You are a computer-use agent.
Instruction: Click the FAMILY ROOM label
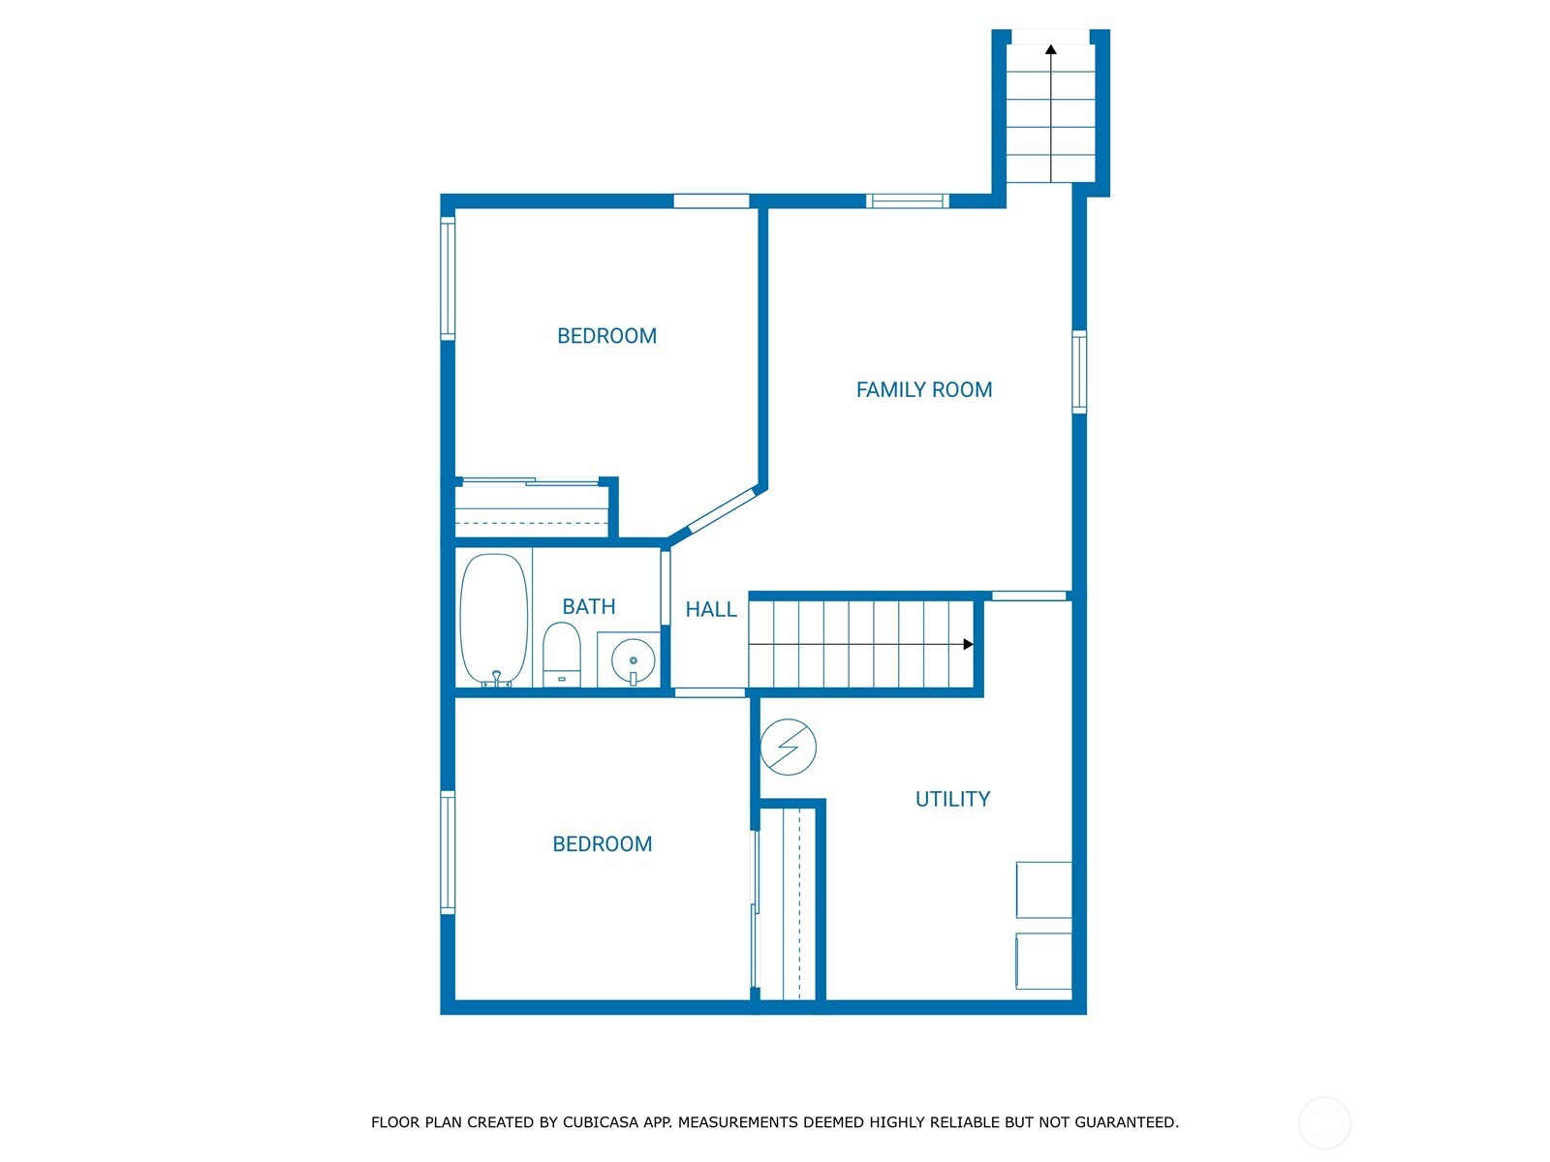pyautogui.click(x=923, y=389)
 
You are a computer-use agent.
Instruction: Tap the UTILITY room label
pyautogui.click(x=952, y=799)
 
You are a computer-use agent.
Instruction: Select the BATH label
pyautogui.click(x=589, y=606)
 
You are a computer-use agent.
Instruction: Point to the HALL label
pyautogui.click(x=711, y=609)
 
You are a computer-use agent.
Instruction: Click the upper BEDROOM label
pyautogui.click(x=606, y=336)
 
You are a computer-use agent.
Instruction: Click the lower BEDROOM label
pyautogui.click(x=602, y=843)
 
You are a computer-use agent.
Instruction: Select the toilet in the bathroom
pyautogui.click(x=561, y=655)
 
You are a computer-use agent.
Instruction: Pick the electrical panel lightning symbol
pyautogui.click(x=789, y=747)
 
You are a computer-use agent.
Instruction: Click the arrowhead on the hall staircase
pyautogui.click(x=968, y=644)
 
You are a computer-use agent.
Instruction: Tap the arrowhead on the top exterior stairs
pyautogui.click(x=1051, y=49)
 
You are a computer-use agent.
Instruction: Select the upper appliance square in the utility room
pyautogui.click(x=1043, y=889)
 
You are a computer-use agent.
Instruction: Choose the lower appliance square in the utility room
pyautogui.click(x=1043, y=961)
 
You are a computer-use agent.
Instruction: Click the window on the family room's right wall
pyautogui.click(x=1079, y=372)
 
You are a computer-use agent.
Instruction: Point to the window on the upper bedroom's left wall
pyautogui.click(x=448, y=278)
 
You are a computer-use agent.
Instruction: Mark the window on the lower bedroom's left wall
pyautogui.click(x=448, y=852)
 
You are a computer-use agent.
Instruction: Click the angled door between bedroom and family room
pyautogui.click(x=721, y=512)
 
